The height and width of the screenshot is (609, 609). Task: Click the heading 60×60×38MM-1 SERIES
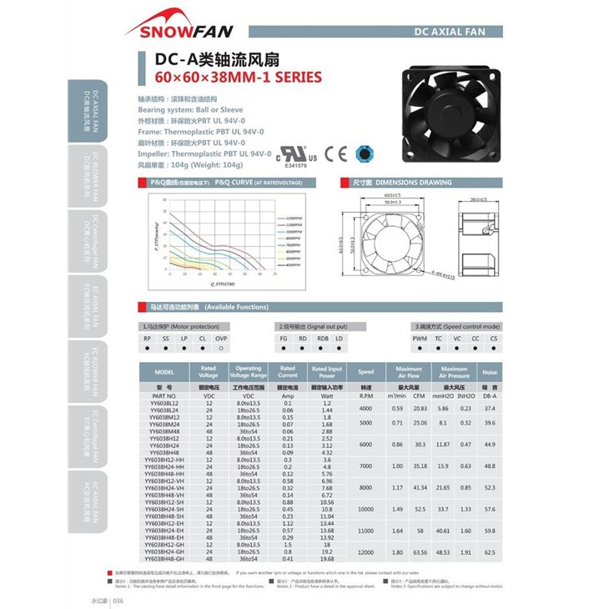coord(239,78)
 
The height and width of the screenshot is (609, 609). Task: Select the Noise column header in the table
coord(490,372)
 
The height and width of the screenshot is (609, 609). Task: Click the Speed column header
coord(365,372)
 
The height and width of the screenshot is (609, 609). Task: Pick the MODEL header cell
coord(165,372)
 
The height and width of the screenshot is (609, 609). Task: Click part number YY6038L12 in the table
coord(165,403)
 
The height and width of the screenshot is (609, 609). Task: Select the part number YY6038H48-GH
coord(165,558)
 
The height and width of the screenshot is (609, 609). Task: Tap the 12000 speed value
coord(365,551)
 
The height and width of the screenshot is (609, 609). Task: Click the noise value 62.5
coord(490,551)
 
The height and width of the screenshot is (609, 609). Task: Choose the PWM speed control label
coord(419,338)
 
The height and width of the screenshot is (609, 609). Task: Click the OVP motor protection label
coord(221,338)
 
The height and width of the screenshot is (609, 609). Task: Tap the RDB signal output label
coord(323,338)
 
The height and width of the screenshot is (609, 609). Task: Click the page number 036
coord(118,600)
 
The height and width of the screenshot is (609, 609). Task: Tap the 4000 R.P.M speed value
coord(365,408)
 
